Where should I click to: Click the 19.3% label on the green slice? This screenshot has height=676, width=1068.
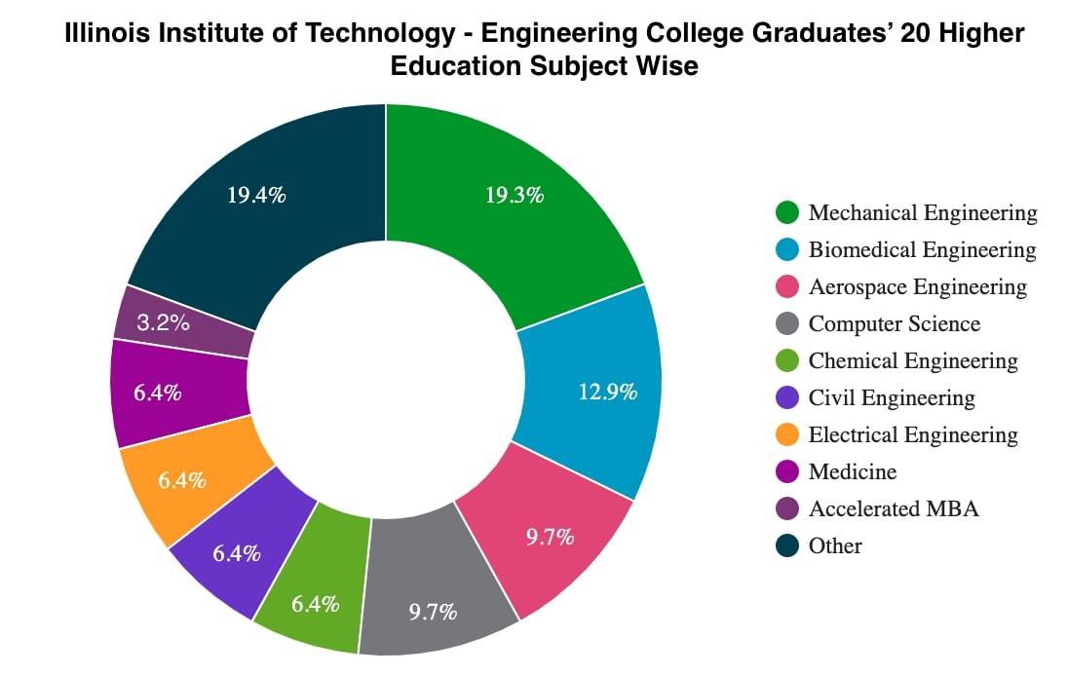click(x=514, y=195)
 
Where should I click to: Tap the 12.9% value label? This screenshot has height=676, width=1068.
click(x=608, y=392)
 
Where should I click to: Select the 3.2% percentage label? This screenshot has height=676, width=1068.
click(x=163, y=322)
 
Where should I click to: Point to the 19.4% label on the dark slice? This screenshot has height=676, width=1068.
click(x=256, y=195)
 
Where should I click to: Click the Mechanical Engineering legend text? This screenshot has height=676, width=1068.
click(x=923, y=212)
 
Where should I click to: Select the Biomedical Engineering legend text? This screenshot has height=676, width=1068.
click(x=922, y=249)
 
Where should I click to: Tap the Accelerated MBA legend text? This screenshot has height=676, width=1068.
click(x=894, y=508)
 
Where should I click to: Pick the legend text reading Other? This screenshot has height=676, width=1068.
click(x=835, y=545)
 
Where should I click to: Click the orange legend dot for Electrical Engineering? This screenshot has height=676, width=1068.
click(x=787, y=434)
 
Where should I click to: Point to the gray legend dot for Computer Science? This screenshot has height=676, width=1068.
click(x=787, y=323)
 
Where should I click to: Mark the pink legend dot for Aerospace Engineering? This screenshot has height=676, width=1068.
click(x=787, y=286)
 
